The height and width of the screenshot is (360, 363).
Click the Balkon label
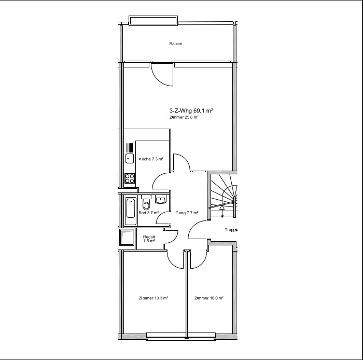point(175,44)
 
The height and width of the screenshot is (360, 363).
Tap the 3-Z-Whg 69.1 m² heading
point(191,110)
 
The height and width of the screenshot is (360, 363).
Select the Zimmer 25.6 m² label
point(184,117)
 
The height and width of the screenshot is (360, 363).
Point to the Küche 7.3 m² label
point(151,159)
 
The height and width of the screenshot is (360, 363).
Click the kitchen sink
point(130,158)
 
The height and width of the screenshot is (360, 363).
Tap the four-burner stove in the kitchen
point(130,178)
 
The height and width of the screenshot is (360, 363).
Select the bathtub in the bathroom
point(131,211)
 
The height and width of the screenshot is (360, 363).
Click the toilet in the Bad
point(146,203)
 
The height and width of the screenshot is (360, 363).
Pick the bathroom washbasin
point(160,199)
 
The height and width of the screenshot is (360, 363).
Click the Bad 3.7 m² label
point(149,213)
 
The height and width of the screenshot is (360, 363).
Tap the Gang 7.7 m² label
point(187,213)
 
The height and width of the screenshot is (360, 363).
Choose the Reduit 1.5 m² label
point(149,239)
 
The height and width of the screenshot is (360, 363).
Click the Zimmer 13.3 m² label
point(153,298)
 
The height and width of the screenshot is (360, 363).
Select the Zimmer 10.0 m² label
point(209,298)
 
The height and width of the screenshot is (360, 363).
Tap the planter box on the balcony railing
point(153,21)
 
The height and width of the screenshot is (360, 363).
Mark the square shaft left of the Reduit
point(127,237)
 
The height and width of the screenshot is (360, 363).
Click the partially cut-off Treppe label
point(231,230)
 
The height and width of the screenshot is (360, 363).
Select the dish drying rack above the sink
point(130,148)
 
